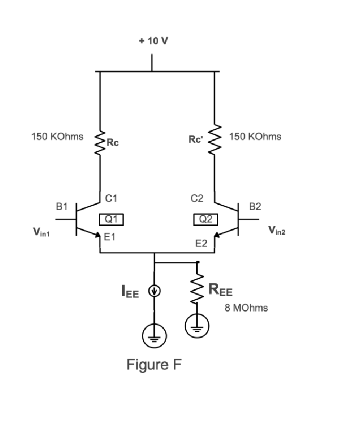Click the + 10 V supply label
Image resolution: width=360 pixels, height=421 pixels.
tap(153, 41)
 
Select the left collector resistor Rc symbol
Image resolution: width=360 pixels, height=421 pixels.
tap(100, 142)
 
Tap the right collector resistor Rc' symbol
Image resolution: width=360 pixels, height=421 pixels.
tap(214, 140)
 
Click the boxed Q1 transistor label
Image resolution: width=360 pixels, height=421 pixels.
tap(111, 219)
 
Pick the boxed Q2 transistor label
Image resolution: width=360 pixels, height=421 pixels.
tap(206, 219)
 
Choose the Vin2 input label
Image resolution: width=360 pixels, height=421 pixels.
tap(276, 231)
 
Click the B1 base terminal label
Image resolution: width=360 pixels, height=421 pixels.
tap(62, 207)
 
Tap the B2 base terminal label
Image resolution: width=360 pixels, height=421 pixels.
tap(255, 207)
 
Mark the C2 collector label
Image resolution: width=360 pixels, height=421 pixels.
tap(197, 198)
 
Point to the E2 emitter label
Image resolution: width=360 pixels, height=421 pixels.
tap(201, 244)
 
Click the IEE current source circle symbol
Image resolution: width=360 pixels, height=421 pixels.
tap(154, 291)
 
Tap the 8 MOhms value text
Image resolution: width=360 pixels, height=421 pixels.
tap(246, 308)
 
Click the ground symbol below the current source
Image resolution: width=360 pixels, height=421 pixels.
tap(154, 338)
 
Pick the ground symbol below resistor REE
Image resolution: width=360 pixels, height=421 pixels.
tap(197, 326)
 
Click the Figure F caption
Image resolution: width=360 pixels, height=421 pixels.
tap(154, 365)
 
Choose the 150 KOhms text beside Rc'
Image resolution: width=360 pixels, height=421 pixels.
tap(255, 137)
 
